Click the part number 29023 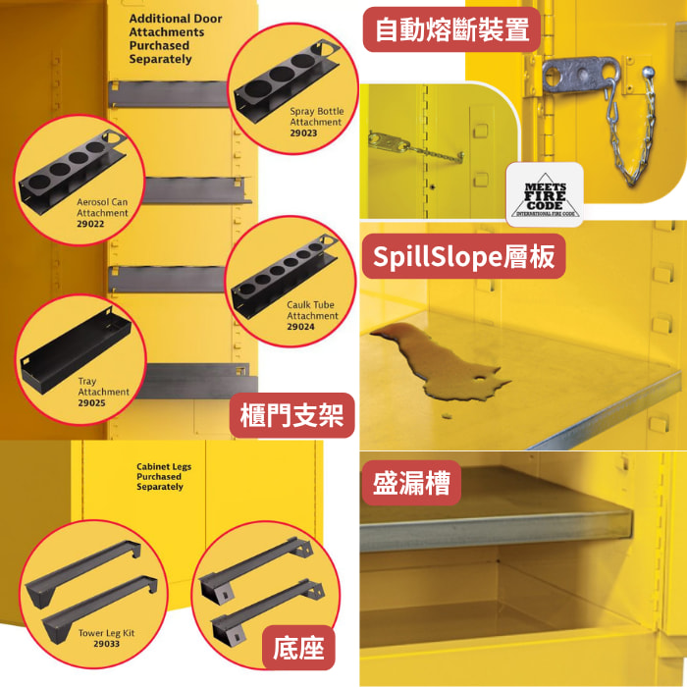click(x=303, y=132)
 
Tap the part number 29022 click(x=90, y=224)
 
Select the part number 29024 click(x=300, y=327)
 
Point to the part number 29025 click(x=91, y=402)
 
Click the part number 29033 click(x=106, y=644)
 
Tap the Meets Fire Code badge click(x=545, y=195)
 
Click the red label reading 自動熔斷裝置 click(x=451, y=29)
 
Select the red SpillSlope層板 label click(x=463, y=256)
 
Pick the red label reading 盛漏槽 click(x=411, y=483)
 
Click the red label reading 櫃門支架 click(x=291, y=415)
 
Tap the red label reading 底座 click(x=298, y=648)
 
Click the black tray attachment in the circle click(x=76, y=351)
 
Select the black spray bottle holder click(x=287, y=81)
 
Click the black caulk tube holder click(x=285, y=275)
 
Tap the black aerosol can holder click(x=73, y=172)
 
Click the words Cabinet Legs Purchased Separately click(x=164, y=476)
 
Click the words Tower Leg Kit click(x=106, y=633)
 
